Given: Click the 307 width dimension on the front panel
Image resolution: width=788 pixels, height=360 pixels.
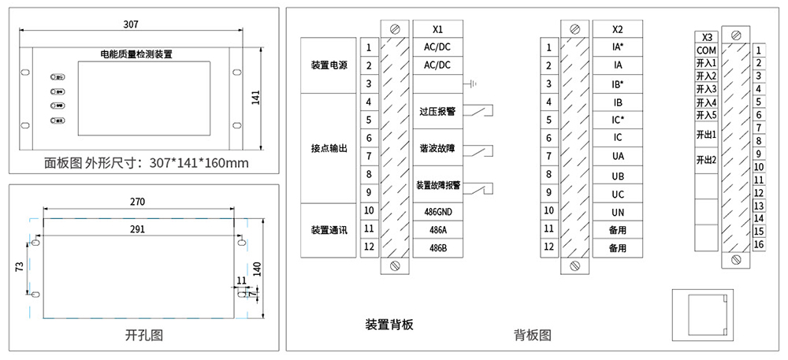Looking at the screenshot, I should pos(131,24).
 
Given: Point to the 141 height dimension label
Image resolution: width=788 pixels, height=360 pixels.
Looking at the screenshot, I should pos(255,97).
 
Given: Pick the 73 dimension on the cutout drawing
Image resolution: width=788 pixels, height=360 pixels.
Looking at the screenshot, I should pos(19,268).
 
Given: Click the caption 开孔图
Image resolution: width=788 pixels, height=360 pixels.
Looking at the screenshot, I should pos(143,334).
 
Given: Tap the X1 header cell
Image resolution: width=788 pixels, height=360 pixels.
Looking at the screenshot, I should pos(438,28).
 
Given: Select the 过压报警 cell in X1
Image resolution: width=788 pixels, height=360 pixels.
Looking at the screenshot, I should pos(438,111).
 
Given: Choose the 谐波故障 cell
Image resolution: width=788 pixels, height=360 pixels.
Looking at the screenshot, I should pos(438,147).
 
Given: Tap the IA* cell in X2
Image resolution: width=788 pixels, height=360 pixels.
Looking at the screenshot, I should pos(618,47).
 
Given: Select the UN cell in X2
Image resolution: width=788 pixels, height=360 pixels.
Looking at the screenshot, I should pos(618,212).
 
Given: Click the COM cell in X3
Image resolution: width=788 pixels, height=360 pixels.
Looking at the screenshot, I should pos(706,50).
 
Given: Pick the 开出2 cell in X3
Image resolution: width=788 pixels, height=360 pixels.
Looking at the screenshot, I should pos(706,160).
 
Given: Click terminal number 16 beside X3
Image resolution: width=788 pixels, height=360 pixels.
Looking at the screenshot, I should pos(759,244).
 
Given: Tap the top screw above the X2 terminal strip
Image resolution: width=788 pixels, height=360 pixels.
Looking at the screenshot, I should pos(574,28).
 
